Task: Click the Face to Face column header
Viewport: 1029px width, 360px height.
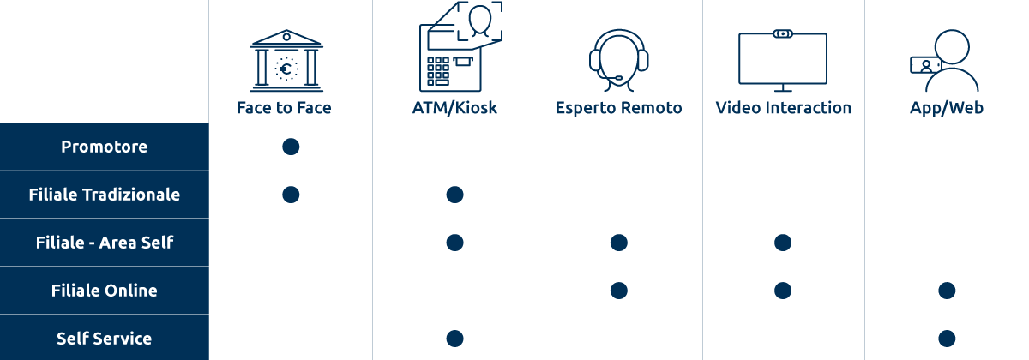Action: (x=284, y=108)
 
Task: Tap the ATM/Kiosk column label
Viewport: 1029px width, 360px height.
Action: (x=454, y=108)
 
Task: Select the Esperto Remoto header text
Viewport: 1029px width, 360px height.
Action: (x=619, y=108)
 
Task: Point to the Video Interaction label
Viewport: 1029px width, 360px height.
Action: (x=783, y=108)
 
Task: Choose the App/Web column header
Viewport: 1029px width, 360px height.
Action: (x=947, y=108)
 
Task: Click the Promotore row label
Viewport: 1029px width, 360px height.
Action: (x=105, y=147)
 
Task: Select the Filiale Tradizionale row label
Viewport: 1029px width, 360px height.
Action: (x=105, y=195)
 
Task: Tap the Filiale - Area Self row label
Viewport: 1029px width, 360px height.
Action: (x=105, y=243)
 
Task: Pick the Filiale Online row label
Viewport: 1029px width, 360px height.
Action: (x=105, y=291)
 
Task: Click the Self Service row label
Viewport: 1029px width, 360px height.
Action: (x=105, y=339)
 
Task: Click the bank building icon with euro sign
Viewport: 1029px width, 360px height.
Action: (x=286, y=61)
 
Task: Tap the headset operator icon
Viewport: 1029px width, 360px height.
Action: (x=619, y=61)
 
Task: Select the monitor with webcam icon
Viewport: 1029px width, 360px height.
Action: (x=783, y=61)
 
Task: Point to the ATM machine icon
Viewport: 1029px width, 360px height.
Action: (x=460, y=46)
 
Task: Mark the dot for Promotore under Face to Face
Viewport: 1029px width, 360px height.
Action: (x=291, y=147)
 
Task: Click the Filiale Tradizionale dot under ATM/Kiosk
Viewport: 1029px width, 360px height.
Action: (x=454, y=195)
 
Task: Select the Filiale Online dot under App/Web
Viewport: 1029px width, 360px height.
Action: (x=947, y=291)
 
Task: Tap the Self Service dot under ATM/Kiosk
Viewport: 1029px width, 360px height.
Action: (x=454, y=339)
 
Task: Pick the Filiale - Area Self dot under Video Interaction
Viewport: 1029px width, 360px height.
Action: (x=783, y=243)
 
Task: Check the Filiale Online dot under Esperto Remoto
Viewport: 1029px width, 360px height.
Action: (x=619, y=291)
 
